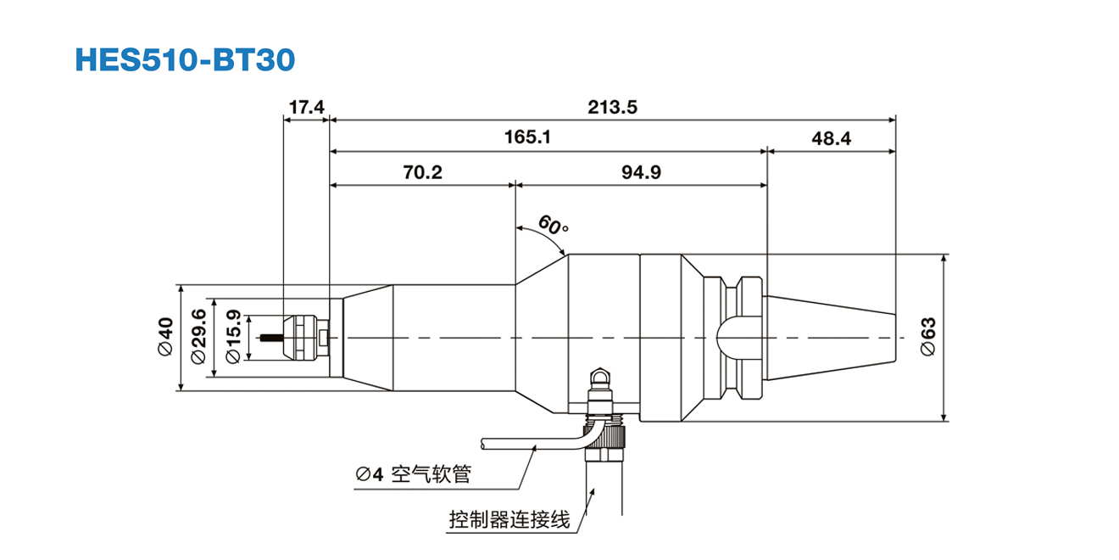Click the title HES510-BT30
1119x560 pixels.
pos(185,59)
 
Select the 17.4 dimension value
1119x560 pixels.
pos(305,107)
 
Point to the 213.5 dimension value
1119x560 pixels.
pos(612,107)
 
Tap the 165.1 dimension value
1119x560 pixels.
pos(527,137)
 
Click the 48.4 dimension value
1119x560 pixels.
pos(831,137)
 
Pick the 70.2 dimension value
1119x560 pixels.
pos(422,171)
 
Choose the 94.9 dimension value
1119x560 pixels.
pos(641,171)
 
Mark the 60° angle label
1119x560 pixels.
pos(553,226)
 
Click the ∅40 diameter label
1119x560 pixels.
pos(166,338)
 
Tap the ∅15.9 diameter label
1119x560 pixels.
pos(232,338)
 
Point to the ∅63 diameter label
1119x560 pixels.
pos(927,338)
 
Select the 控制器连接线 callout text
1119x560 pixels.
pos(509,519)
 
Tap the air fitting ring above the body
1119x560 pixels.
pos(601,374)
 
